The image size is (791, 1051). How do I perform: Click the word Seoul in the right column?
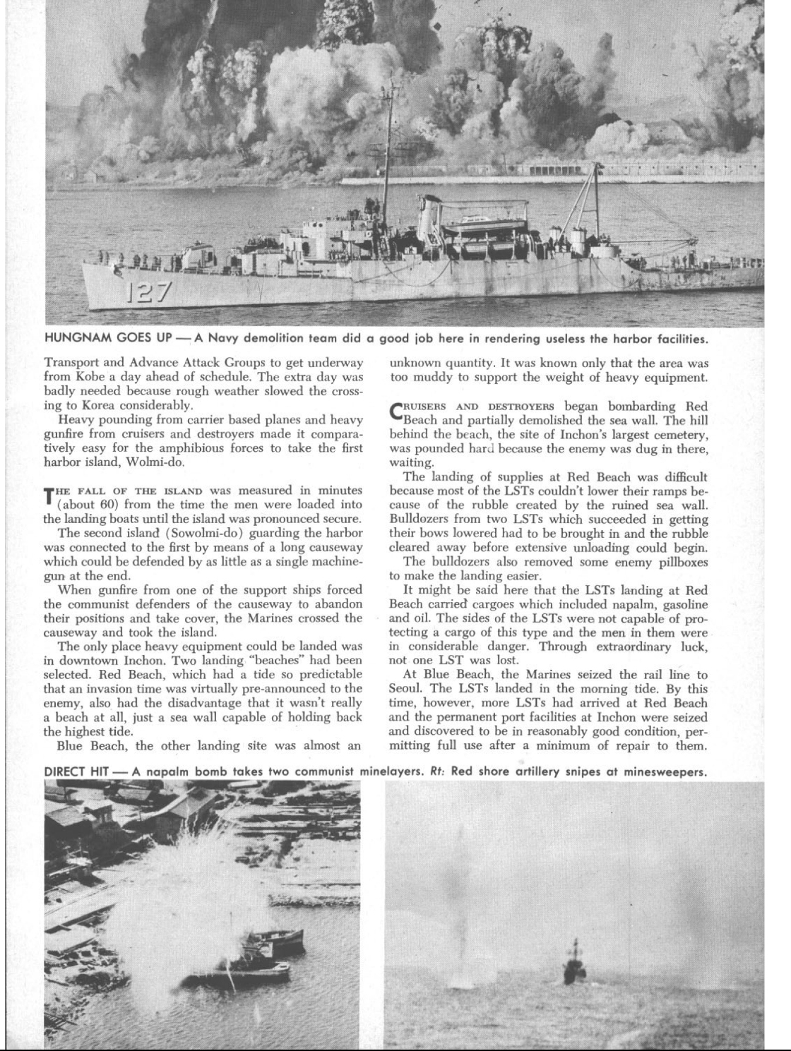pyautogui.click(x=405, y=689)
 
